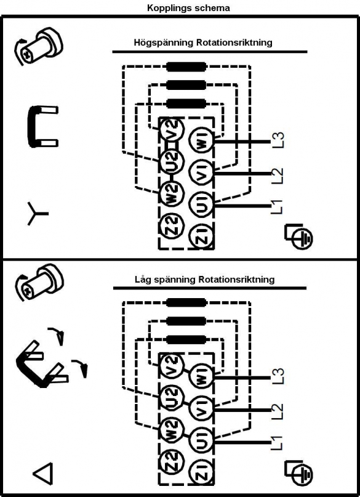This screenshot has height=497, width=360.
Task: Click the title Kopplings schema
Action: [x=188, y=8]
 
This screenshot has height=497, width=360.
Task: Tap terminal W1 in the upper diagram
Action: [x=201, y=141]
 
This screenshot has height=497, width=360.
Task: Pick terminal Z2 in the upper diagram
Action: [x=172, y=226]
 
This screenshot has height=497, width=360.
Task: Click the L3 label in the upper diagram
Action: [x=278, y=140]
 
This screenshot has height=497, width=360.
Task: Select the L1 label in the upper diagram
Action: [x=277, y=206]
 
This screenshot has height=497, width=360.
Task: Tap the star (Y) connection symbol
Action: [x=38, y=214]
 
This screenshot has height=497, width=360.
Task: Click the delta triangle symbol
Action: [x=42, y=474]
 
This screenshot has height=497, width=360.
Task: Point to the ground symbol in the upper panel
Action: [x=298, y=236]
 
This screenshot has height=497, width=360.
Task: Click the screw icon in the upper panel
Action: [x=39, y=46]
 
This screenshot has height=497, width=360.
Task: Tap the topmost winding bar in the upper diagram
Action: [x=186, y=67]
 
